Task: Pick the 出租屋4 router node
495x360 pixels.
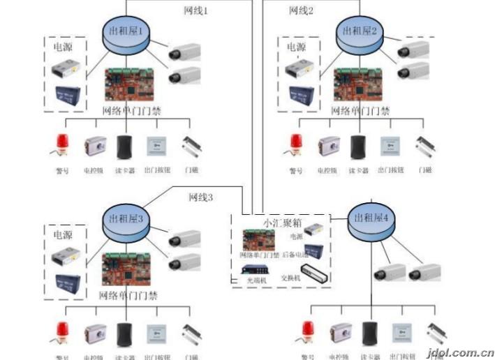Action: pyautogui.click(x=371, y=220)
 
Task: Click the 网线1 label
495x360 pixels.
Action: pyautogui.click(x=196, y=10)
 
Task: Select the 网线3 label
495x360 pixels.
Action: pyautogui.click(x=201, y=197)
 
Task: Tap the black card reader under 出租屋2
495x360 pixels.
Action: pyautogui.click(x=358, y=147)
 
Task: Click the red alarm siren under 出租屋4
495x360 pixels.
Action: pyautogui.click(x=308, y=331)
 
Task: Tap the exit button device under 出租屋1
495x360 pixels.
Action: pyautogui.click(x=156, y=146)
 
